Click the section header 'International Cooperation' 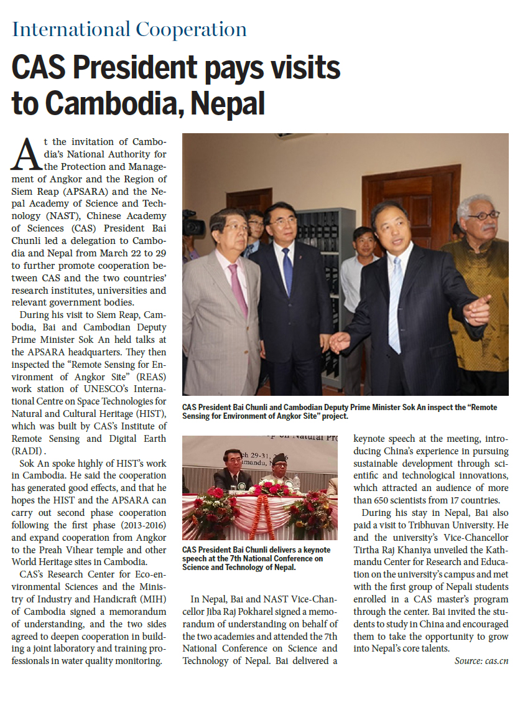click(x=129, y=30)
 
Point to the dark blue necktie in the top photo click(x=287, y=271)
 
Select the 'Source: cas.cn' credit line click(x=481, y=678)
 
